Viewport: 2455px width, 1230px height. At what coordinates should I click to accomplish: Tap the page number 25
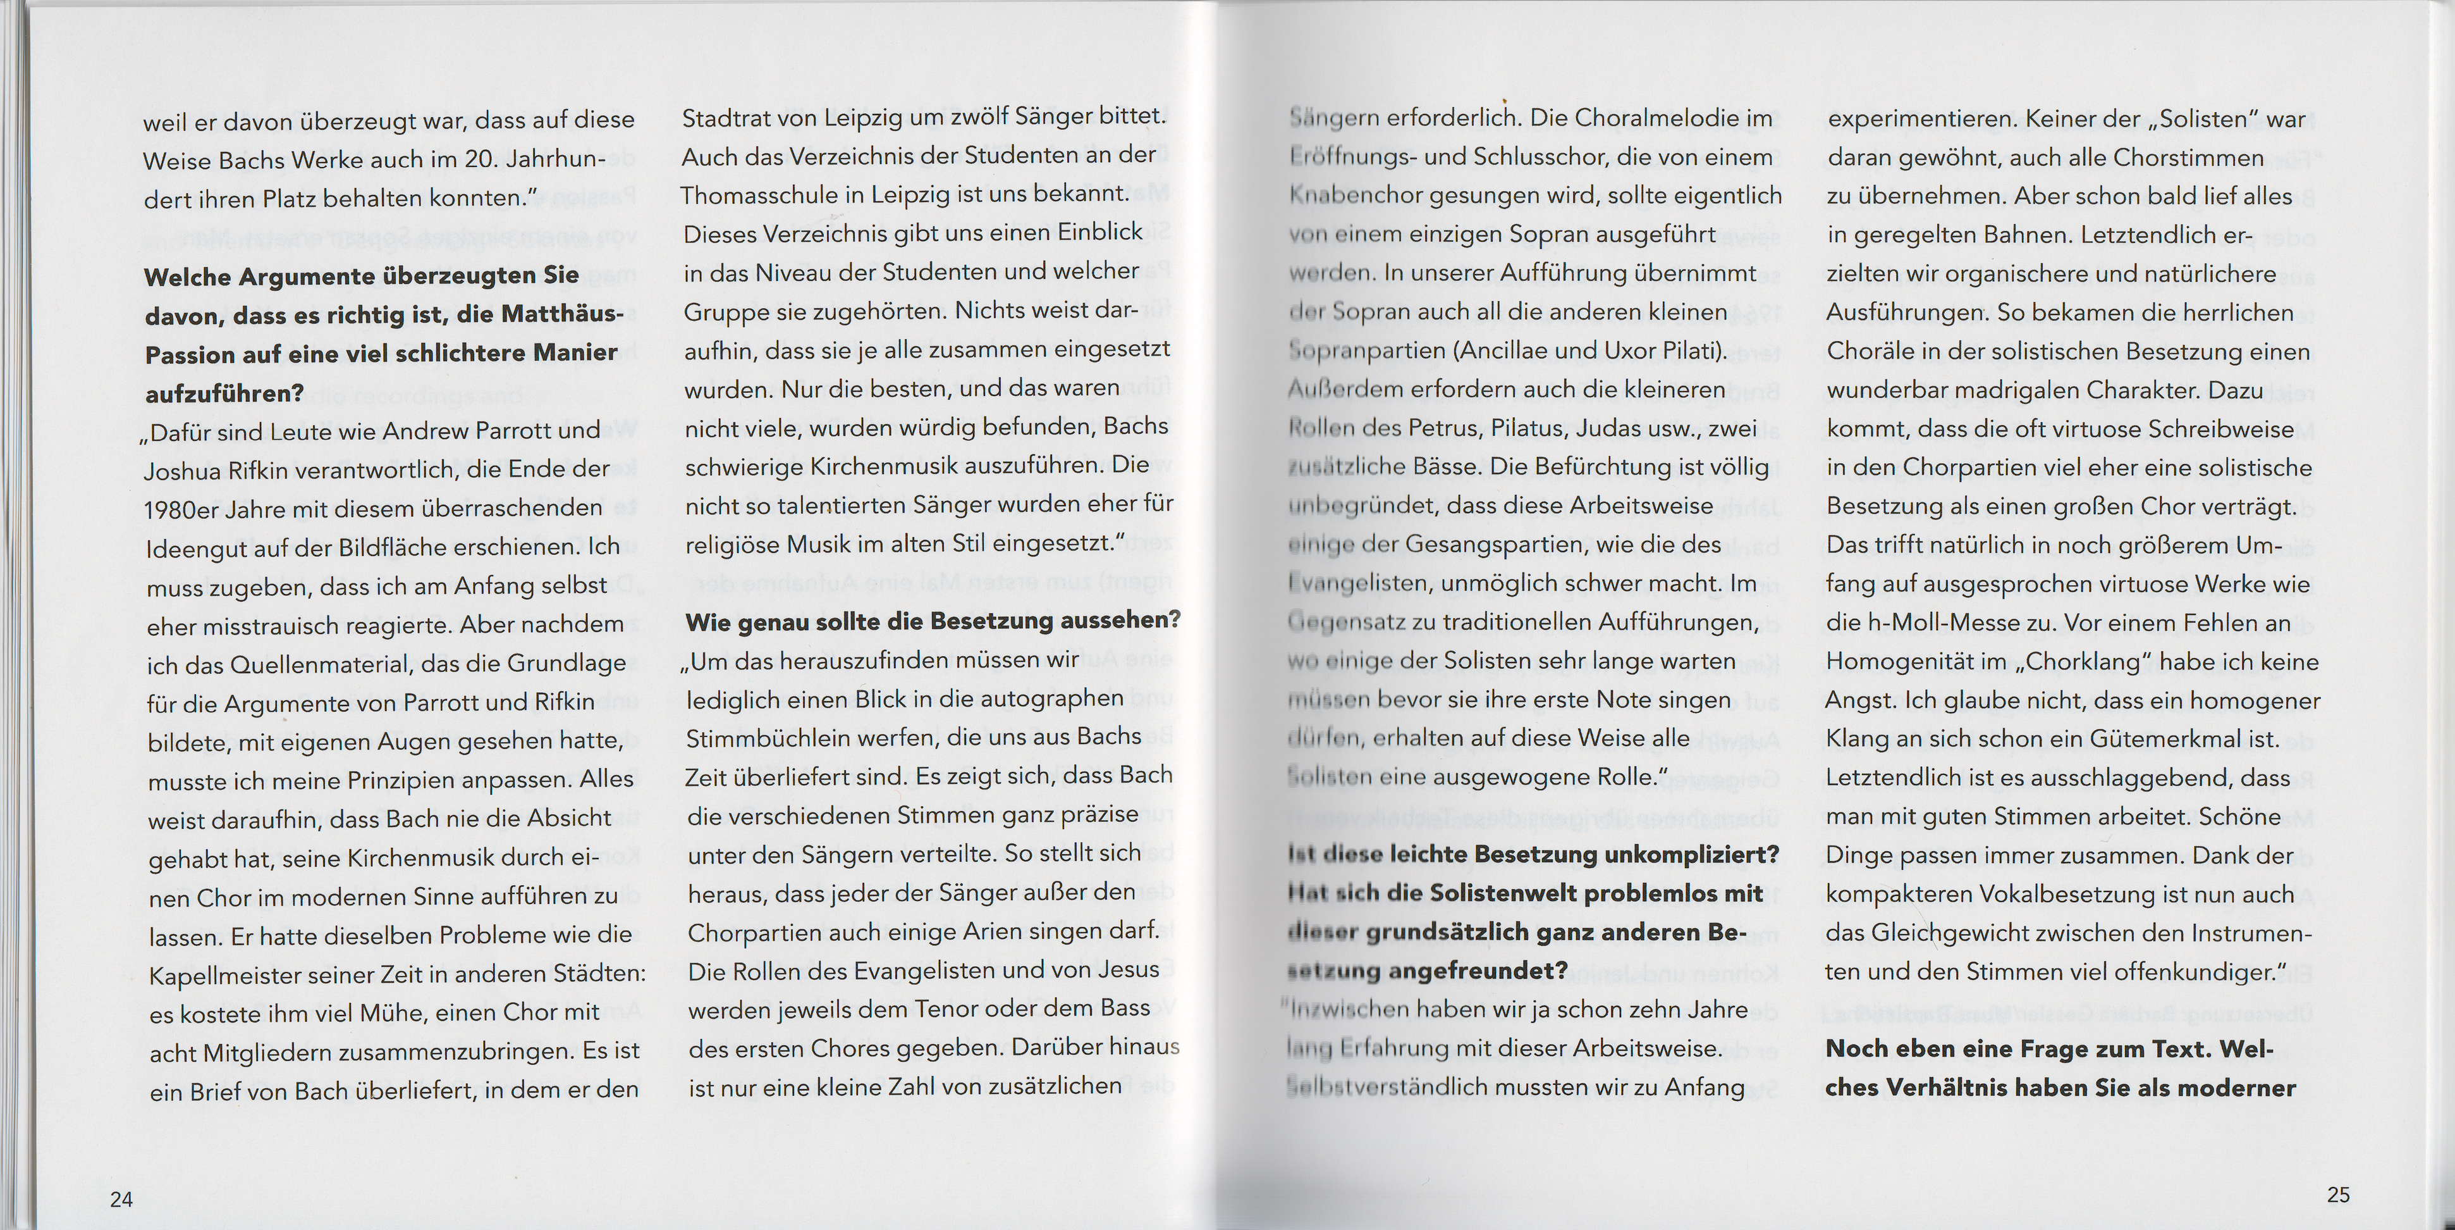point(2338,1194)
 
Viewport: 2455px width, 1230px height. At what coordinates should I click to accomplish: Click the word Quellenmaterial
point(325,664)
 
